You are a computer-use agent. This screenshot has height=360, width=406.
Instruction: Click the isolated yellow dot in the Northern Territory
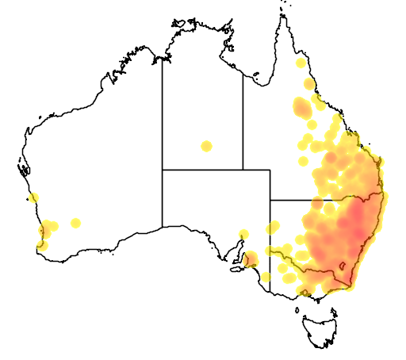tap(206, 146)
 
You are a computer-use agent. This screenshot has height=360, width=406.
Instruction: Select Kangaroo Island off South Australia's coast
tap(236, 269)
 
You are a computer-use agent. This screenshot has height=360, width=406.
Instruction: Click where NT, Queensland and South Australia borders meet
tap(243, 169)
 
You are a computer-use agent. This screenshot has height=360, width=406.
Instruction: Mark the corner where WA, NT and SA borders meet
tap(163, 169)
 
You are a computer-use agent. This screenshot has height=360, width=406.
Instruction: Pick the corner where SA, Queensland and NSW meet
tap(270, 199)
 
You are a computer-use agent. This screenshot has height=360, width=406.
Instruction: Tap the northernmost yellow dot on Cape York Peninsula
tap(300, 63)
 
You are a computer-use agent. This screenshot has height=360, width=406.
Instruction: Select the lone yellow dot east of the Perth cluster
tap(75, 223)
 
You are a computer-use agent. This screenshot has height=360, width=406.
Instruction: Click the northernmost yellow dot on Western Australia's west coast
tap(33, 198)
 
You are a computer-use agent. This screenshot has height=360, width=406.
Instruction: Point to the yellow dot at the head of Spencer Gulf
tap(243, 233)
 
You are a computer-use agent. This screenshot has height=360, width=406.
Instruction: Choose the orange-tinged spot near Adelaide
tap(251, 259)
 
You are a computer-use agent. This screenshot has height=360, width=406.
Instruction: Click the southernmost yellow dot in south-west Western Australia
tap(41, 246)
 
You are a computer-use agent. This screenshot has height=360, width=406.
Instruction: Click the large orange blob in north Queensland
tap(302, 107)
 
